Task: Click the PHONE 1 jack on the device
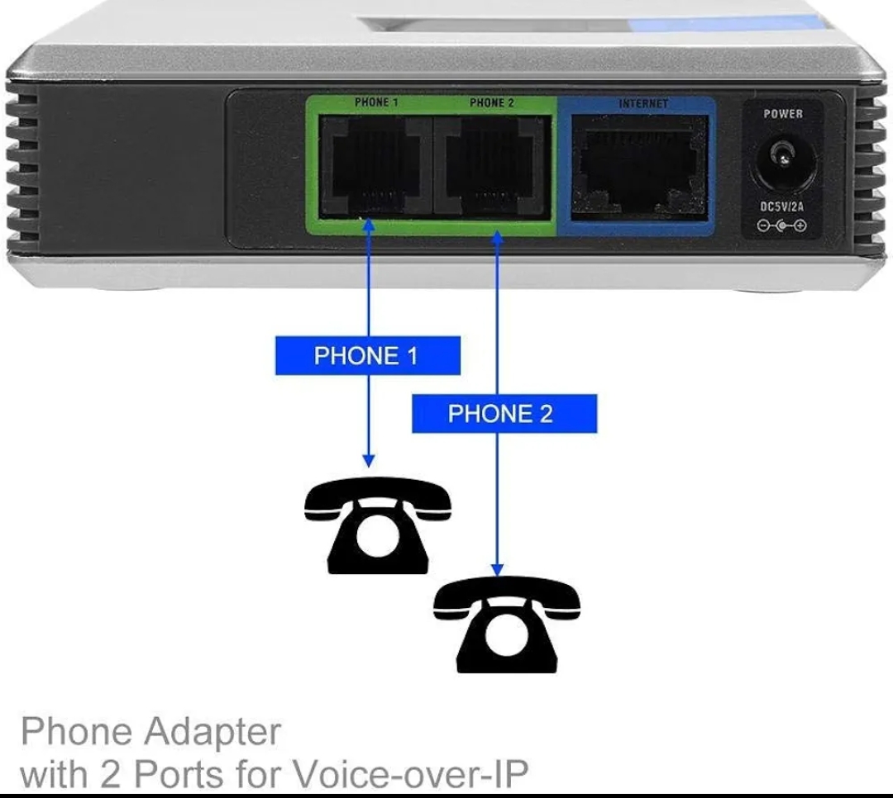pyautogui.click(x=375, y=166)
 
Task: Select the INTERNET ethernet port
pyautogui.click(x=639, y=168)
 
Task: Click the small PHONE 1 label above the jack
pyautogui.click(x=376, y=102)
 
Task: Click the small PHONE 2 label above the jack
pyautogui.click(x=491, y=102)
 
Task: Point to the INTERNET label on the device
pyautogui.click(x=643, y=103)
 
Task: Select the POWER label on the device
pyautogui.click(x=783, y=114)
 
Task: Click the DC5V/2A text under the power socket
pyautogui.click(x=782, y=206)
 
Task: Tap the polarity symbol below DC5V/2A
pyautogui.click(x=782, y=226)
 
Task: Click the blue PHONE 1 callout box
pyautogui.click(x=368, y=356)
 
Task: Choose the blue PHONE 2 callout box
pyautogui.click(x=504, y=414)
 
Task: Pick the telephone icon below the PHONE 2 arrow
pyautogui.click(x=507, y=625)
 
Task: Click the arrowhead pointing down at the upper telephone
pyautogui.click(x=369, y=460)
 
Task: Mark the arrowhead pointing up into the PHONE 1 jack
pyautogui.click(x=369, y=226)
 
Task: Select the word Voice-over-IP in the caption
pyautogui.click(x=411, y=775)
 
